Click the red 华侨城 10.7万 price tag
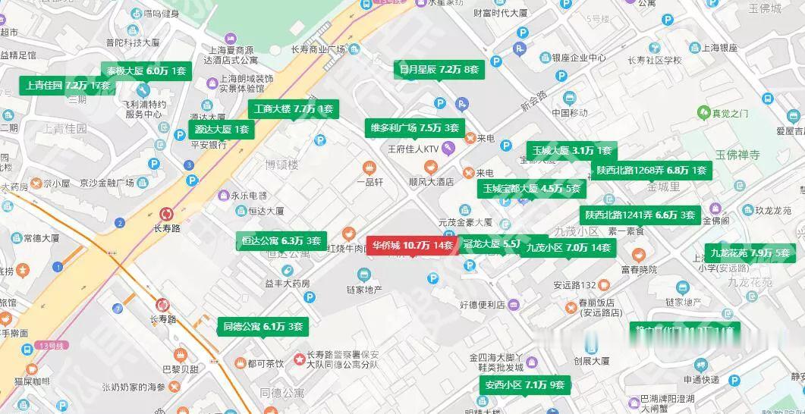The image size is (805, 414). click(413, 245)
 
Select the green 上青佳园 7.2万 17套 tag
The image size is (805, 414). click(67, 85)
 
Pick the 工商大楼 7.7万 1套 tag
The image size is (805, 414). click(293, 109)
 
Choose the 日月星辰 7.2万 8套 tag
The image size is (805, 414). click(439, 70)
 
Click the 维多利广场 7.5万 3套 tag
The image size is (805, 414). click(414, 127)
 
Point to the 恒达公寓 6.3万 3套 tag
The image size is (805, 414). click(281, 241)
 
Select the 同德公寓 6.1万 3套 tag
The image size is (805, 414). click(263, 327)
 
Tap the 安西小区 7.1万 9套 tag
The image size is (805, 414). click(524, 385)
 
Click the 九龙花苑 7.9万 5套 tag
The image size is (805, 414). click(750, 252)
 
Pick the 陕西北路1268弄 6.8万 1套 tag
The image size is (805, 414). click(651, 171)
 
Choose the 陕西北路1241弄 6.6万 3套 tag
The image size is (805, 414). click(639, 215)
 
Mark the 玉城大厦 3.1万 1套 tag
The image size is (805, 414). click(571, 150)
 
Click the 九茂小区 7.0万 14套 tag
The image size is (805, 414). click(568, 247)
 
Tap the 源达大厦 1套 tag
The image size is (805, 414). click(221, 129)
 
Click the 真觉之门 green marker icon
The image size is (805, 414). click(703, 113)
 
